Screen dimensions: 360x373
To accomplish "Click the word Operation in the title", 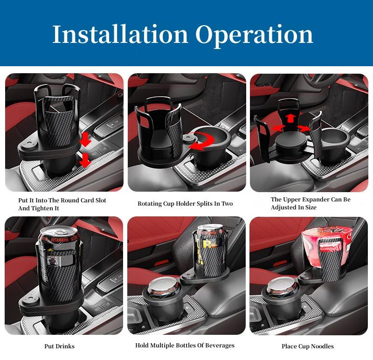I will [x=254, y=34].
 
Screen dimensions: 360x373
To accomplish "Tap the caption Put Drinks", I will [x=59, y=346].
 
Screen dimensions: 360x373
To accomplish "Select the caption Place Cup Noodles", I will [x=307, y=346].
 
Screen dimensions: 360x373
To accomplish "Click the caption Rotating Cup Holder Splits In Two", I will [x=185, y=204].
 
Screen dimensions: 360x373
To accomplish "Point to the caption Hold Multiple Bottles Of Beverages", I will [x=185, y=346].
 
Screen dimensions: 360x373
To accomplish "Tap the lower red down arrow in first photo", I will [x=84, y=162].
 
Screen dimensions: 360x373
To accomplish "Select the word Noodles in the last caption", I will [x=322, y=346].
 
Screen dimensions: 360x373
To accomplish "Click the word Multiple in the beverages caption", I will [x=165, y=346].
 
